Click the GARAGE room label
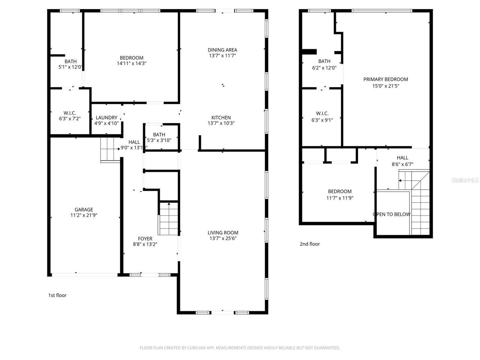pyautogui.click(x=84, y=210)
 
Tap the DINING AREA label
pyautogui.click(x=222, y=50)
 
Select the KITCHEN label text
pyautogui.click(x=221, y=117)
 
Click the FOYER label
pyautogui.click(x=145, y=238)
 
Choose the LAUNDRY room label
pyautogui.click(x=106, y=117)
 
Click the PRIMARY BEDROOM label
pyautogui.click(x=385, y=79)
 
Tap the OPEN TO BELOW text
pyautogui.click(x=391, y=214)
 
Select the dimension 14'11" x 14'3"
pyautogui.click(x=131, y=63)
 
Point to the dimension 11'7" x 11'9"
pyautogui.click(x=340, y=198)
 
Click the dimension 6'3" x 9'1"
pyautogui.click(x=322, y=120)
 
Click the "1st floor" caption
pyautogui.click(x=57, y=295)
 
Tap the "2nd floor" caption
pyautogui.click(x=310, y=244)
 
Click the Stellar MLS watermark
pyautogui.click(x=465, y=180)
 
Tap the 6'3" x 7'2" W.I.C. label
pyautogui.click(x=70, y=115)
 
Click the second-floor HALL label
pyautogui.click(x=402, y=157)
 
